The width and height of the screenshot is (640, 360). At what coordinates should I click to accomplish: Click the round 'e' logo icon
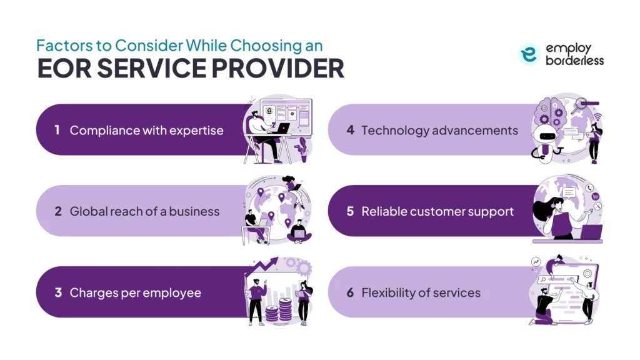pos(529,55)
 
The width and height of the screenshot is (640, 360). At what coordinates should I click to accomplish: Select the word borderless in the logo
pos(573,61)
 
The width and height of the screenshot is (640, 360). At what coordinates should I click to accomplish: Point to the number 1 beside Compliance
pos(57,130)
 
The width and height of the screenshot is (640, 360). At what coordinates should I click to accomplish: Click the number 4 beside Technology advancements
pos(351,130)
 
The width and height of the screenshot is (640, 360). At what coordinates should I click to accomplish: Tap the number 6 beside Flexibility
pos(351,292)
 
